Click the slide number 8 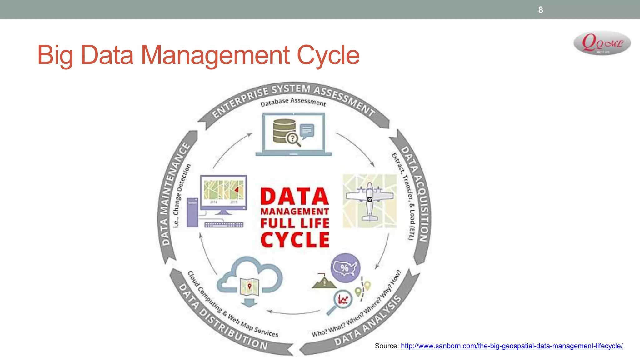point(541,10)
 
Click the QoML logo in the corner point(602,43)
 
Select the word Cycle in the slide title point(328,55)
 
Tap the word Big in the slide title point(55,55)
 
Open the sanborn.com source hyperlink point(512,346)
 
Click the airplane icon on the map point(370,200)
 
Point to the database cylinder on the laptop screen point(284,131)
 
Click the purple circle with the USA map point(345,268)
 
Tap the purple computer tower point(192,212)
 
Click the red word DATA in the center point(295,197)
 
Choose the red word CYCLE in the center point(295,240)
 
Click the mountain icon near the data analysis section point(324,281)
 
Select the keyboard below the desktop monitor point(224,225)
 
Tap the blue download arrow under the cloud point(249,302)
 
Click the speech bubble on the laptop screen point(307,131)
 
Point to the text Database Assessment point(293,102)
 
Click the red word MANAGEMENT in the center point(295,212)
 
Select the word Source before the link point(386,346)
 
